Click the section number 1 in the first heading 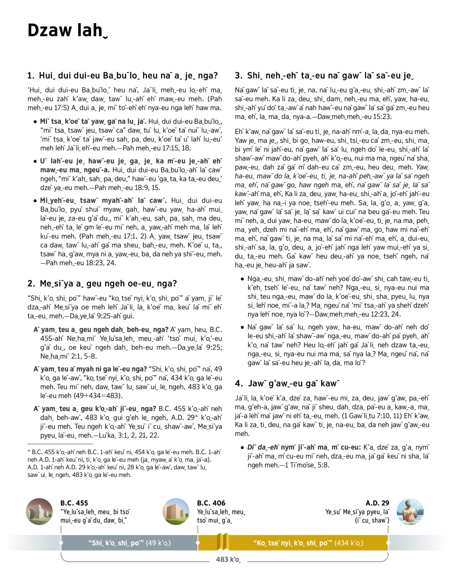[x=30, y=76]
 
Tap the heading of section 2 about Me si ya [x=102, y=284]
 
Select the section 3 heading [x=324, y=76]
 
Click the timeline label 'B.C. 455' [x=74, y=503]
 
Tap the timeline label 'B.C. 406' [x=211, y=503]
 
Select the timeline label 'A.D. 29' [x=377, y=503]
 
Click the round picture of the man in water [x=410, y=512]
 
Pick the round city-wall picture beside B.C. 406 [x=176, y=512]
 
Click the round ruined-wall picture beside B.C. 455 [x=39, y=512]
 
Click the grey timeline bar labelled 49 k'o [x=129, y=543]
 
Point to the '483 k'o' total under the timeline [x=228, y=560]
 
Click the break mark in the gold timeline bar [x=223, y=542]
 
